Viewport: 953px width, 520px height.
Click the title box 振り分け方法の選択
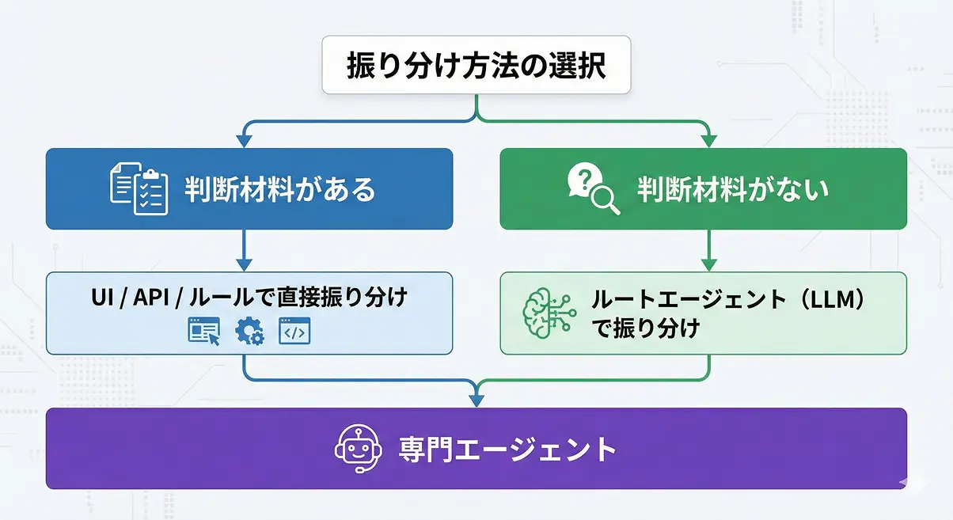[476, 66]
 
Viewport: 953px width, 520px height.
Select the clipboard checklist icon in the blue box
[139, 188]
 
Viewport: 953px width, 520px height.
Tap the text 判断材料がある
[280, 189]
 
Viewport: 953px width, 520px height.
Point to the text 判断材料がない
[733, 189]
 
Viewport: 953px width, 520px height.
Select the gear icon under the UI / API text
[249, 332]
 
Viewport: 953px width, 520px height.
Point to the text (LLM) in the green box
[830, 299]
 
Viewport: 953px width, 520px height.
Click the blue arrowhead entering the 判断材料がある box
[245, 141]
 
